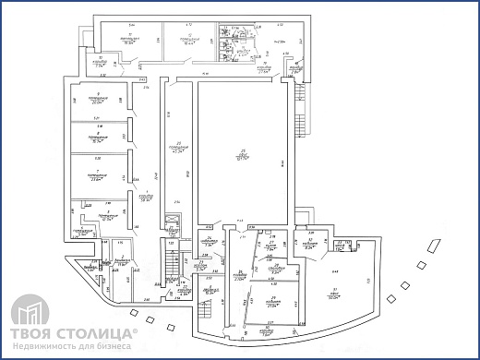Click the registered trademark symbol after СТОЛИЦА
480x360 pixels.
136,327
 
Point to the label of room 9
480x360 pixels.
96,100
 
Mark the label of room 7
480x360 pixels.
96,176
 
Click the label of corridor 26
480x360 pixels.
239,276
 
